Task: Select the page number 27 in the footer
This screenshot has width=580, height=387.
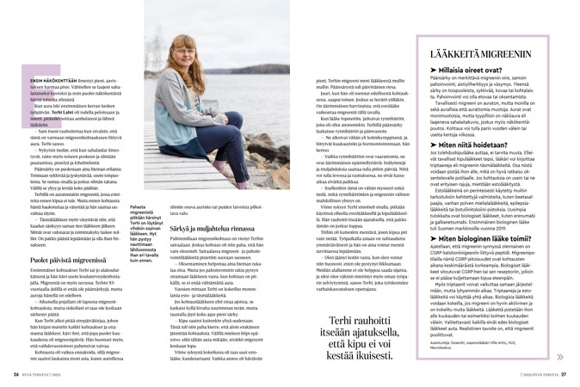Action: pyautogui.click(x=564, y=374)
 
